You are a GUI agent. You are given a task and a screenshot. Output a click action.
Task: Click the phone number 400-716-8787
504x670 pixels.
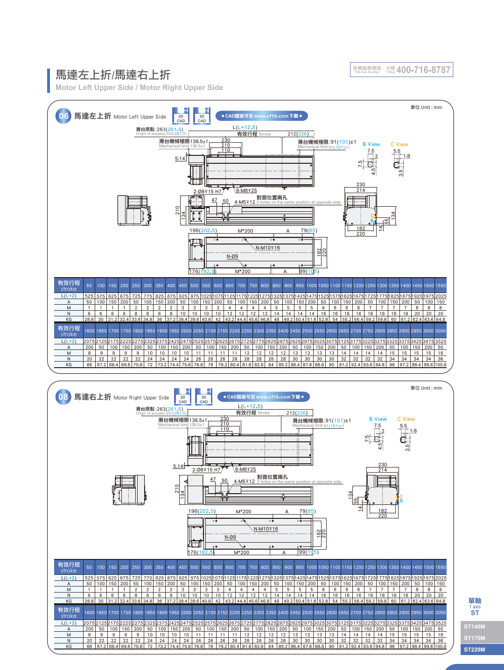click(423, 70)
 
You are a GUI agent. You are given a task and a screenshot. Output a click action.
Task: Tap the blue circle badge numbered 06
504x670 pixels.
click(63, 116)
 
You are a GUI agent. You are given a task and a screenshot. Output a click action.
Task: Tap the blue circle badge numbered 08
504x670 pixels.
click(63, 397)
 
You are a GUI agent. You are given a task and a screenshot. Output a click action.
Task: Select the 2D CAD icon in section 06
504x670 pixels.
click(181, 116)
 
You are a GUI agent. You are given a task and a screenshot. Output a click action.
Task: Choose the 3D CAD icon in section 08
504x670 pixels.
click(204, 397)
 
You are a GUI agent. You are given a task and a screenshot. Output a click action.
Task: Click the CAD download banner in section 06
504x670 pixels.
click(261, 116)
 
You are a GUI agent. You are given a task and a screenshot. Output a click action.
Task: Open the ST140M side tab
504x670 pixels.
click(475, 627)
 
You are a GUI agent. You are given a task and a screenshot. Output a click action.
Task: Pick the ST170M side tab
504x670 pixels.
click(475, 638)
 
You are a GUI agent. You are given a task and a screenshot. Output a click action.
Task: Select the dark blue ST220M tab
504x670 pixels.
click(475, 649)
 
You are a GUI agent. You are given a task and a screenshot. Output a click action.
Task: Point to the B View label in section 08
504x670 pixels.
click(378, 419)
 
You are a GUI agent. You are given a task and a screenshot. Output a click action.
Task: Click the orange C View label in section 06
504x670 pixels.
click(399, 144)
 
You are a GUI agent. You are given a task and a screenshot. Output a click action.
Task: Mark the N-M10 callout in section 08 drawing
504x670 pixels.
click(266, 529)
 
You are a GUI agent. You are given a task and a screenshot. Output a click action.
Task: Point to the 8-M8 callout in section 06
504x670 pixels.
click(246, 190)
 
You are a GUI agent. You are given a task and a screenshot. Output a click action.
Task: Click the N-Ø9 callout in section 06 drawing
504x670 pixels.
click(232, 256)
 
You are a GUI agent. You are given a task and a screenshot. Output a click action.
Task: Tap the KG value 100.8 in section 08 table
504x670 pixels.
click(441, 646)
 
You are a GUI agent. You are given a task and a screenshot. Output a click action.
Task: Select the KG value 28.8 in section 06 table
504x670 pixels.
click(89, 320)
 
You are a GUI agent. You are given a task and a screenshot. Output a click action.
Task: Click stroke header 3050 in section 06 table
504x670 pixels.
click(441, 331)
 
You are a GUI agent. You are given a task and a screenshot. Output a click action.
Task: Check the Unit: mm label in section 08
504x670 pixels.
click(426, 388)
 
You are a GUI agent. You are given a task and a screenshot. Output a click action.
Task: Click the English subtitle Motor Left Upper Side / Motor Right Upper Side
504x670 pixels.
click(139, 88)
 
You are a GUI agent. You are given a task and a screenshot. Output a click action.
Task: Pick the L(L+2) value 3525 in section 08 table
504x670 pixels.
click(441, 623)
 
